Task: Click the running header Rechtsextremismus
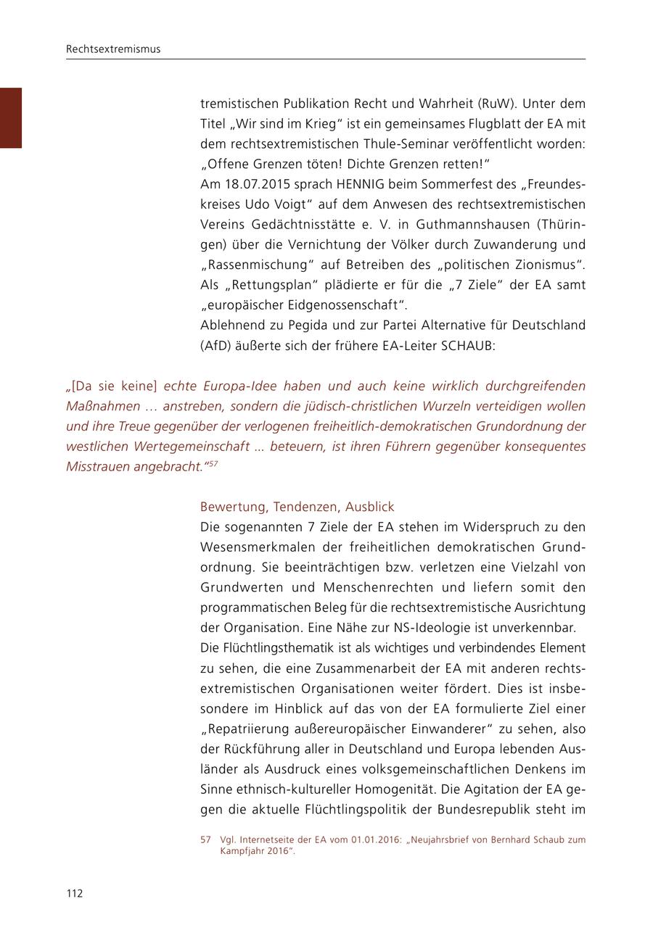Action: (x=113, y=49)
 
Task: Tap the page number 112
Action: (x=75, y=893)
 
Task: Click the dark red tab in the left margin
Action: (x=11, y=117)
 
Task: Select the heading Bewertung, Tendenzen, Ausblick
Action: (x=297, y=507)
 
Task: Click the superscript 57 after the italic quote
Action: (x=213, y=463)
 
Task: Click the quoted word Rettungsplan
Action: (x=270, y=285)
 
